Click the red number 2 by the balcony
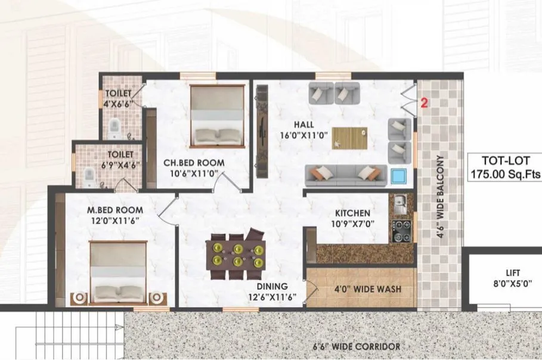pyautogui.click(x=425, y=103)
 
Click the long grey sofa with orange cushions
pyautogui.click(x=340, y=174)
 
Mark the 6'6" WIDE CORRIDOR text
pyautogui.click(x=357, y=346)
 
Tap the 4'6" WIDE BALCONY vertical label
pyautogui.click(x=441, y=197)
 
